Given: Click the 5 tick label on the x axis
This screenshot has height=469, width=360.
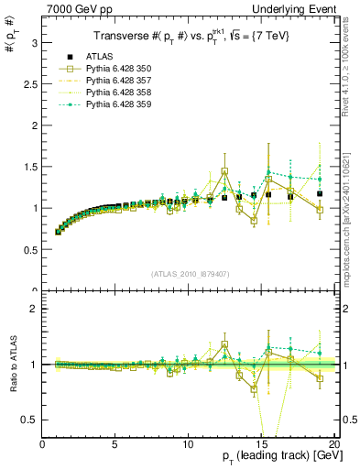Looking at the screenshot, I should pyautogui.click(x=115, y=444).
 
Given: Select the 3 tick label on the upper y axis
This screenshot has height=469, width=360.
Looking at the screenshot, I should pyautogui.click(x=34, y=43).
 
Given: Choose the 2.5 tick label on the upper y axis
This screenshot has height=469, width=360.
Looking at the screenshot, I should pyautogui.click(x=30, y=84).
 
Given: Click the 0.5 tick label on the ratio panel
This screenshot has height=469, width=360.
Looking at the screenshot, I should pyautogui.click(x=30, y=420).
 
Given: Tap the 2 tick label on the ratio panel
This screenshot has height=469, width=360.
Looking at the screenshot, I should pyautogui.click(x=34, y=309).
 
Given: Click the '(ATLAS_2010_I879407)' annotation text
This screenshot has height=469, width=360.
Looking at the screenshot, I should pyautogui.click(x=189, y=274).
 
